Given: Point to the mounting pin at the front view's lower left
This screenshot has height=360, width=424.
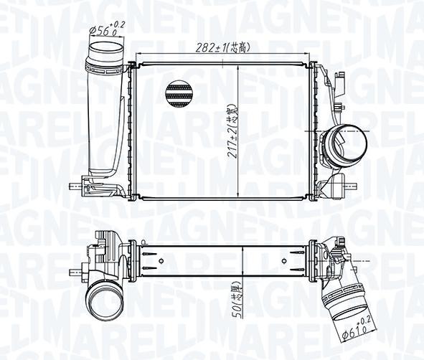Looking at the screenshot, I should pos(75,188).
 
